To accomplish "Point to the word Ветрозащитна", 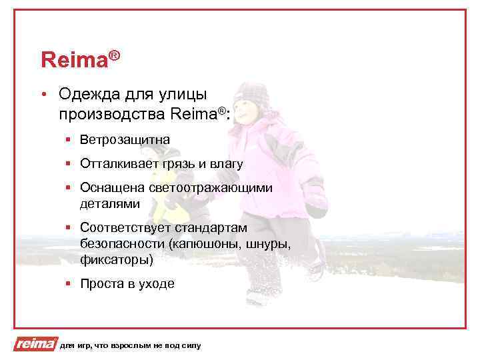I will pyautogui.click(x=125, y=140).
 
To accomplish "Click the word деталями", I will pyautogui.click(x=110, y=202).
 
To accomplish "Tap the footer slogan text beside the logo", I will pyautogui.click(x=129, y=345).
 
